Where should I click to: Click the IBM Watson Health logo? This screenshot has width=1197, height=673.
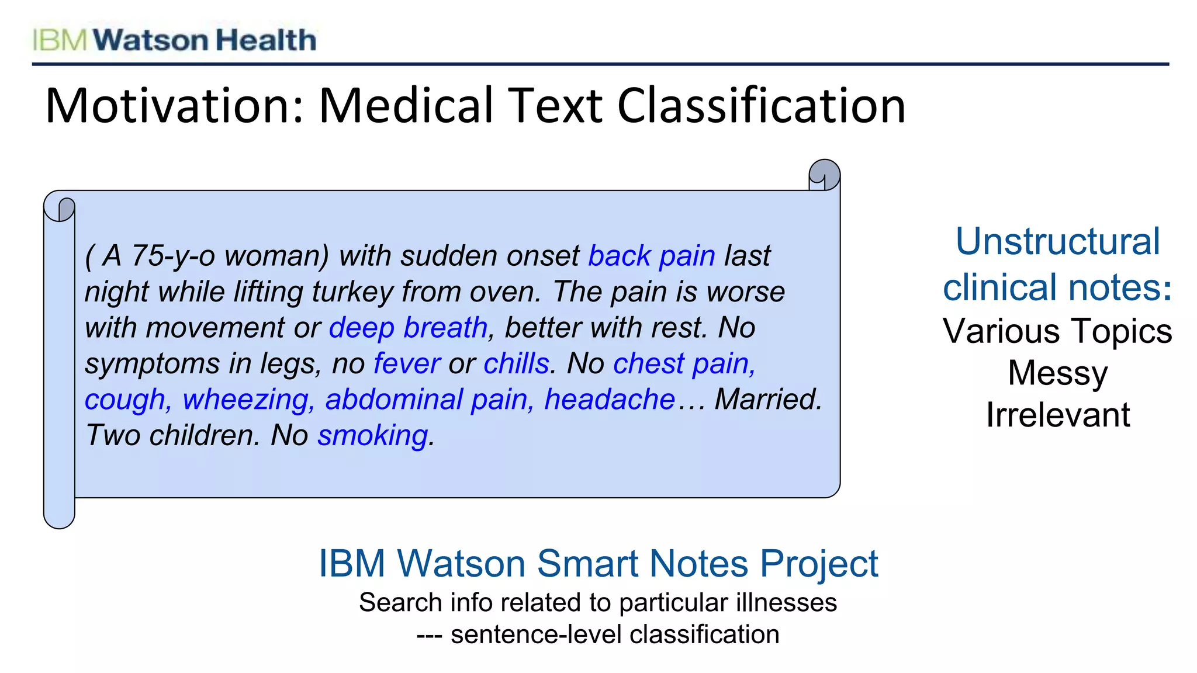tap(174, 40)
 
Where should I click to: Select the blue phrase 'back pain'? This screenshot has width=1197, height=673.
tap(651, 256)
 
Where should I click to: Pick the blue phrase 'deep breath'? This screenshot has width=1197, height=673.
tap(408, 328)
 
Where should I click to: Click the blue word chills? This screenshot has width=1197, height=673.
tap(517, 363)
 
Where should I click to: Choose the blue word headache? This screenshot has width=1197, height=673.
tap(610, 400)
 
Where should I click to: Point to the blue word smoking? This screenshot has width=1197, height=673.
tap(373, 436)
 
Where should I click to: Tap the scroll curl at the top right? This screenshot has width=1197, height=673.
tap(824, 175)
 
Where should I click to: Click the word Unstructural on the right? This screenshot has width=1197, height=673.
tap(1057, 241)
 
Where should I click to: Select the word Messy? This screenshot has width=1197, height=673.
tap(1057, 373)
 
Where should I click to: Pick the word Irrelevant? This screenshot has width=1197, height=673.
tap(1057, 415)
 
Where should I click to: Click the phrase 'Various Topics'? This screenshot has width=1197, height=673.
tap(1057, 331)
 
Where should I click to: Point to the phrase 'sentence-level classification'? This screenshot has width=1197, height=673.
tap(615, 634)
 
